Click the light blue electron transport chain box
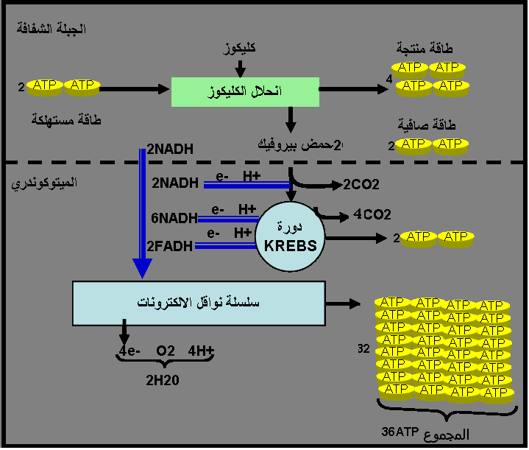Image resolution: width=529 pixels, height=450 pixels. (199, 303)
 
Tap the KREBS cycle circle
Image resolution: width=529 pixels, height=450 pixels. (291, 236)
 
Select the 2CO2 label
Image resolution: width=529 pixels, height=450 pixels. (361, 185)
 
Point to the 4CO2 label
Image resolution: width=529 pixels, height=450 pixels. (372, 215)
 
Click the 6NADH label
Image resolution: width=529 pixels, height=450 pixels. (174, 218)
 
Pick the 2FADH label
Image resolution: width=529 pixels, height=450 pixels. (170, 246)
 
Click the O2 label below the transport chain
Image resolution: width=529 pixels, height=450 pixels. (166, 351)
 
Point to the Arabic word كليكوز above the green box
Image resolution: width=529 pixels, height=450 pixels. (240, 49)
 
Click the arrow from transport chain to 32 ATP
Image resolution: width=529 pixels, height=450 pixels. (344, 303)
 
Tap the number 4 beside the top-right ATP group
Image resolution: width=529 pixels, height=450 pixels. (389, 79)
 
